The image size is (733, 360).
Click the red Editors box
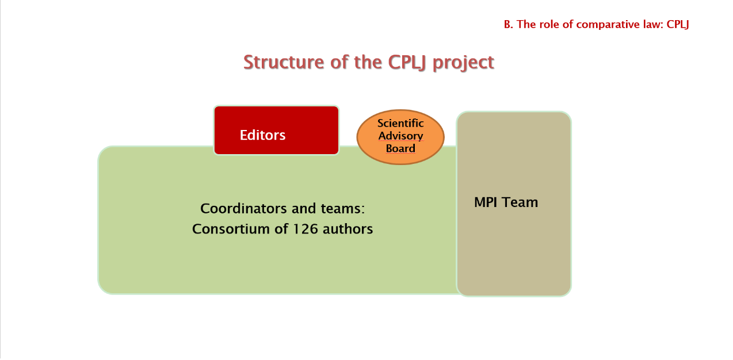point(276,131)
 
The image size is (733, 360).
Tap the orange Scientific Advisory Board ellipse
point(400,136)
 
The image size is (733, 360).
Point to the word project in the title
point(463,62)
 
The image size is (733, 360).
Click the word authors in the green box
point(348,229)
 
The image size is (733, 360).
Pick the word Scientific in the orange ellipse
point(400,123)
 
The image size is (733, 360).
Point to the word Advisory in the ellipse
point(400,136)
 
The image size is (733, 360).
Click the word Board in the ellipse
point(400,148)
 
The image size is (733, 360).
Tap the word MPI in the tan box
point(486,202)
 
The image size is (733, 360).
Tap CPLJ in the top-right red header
point(678,24)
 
